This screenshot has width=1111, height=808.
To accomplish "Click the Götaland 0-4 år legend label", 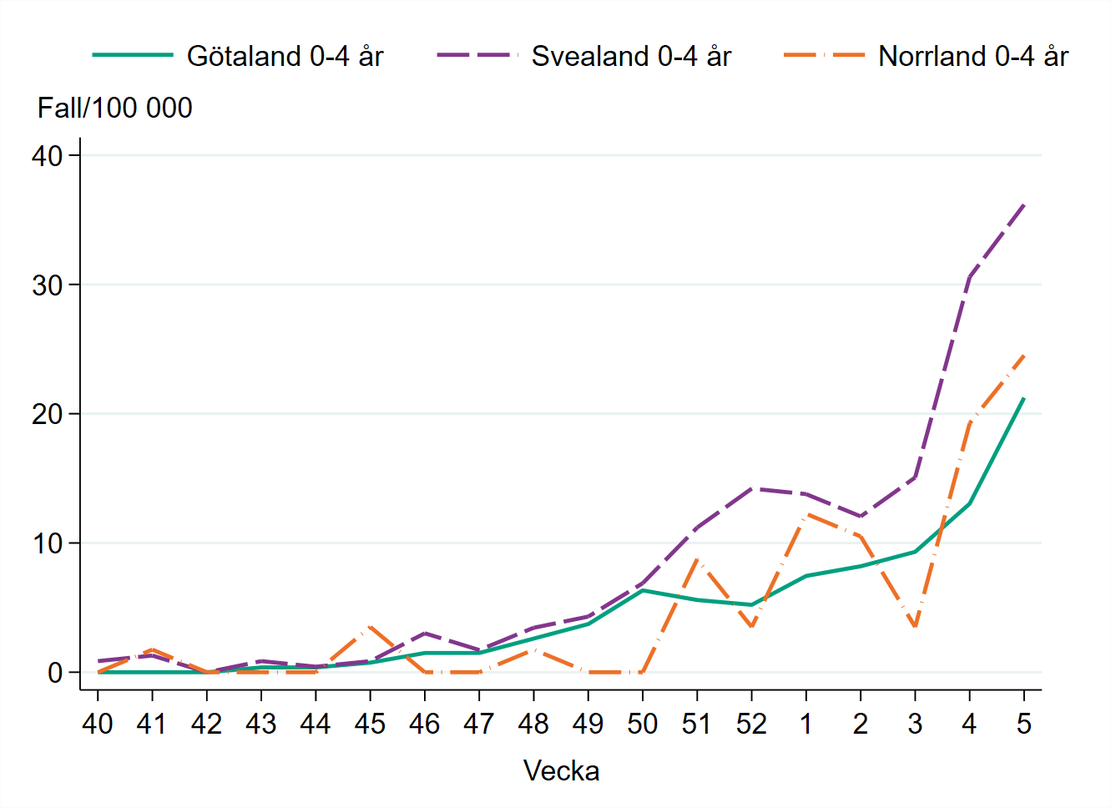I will point(285,56).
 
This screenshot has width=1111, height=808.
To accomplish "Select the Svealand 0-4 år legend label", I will point(631,56).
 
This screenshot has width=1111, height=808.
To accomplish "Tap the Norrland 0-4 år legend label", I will point(973,56).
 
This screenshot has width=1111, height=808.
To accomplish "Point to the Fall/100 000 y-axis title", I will point(114,108).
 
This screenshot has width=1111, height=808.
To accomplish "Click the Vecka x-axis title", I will point(561,770).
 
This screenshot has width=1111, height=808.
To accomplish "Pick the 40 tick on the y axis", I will point(47,156).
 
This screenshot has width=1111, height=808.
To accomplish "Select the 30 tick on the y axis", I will point(47,285).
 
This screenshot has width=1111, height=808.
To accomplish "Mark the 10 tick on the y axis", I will point(47,543).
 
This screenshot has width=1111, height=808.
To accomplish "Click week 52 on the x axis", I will point(751,724).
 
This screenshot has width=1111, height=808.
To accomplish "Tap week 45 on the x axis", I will point(370,724).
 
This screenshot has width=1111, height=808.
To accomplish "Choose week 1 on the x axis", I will point(805,724).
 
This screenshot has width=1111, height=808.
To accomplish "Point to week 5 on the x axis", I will point(1024,724).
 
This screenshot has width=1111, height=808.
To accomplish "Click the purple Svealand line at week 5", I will point(1024,204).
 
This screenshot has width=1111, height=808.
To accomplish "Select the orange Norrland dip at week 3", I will point(915,626).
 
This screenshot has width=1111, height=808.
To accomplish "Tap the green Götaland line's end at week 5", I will point(1024,398).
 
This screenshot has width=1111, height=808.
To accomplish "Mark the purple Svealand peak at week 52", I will point(751,488).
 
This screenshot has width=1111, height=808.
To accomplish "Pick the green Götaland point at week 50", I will point(642,590).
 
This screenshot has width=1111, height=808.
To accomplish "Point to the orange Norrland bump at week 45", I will point(370,626).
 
